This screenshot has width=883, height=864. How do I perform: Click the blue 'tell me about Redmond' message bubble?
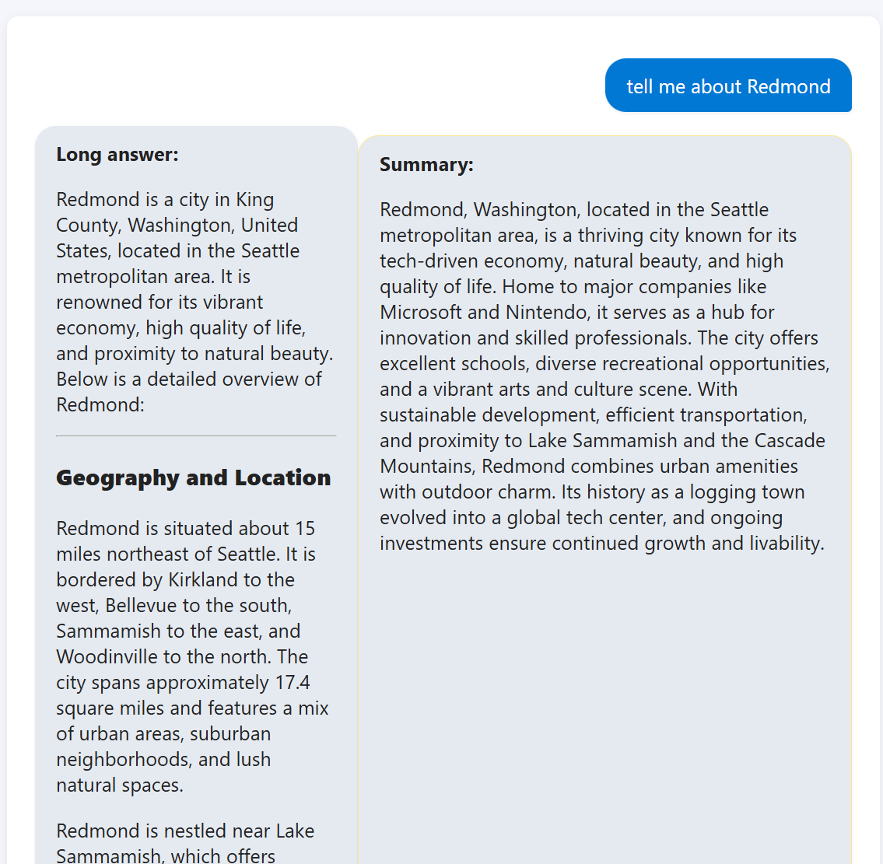[x=728, y=86]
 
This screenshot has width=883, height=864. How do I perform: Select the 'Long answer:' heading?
[x=117, y=155]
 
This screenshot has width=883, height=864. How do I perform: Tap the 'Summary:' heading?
[x=426, y=165]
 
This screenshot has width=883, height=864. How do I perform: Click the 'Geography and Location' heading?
[x=194, y=477]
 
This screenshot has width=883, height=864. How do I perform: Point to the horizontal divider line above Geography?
[x=196, y=436]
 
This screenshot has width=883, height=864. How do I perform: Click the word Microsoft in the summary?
[x=421, y=313]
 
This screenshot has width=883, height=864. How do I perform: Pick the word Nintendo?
[x=548, y=313]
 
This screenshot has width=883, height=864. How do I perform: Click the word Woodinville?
[x=104, y=657]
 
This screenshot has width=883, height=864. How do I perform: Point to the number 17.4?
[x=293, y=683]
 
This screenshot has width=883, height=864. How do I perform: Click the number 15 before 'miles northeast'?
[x=305, y=529]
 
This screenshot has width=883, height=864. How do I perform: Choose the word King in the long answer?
[x=255, y=200]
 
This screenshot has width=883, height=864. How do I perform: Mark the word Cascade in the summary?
[x=790, y=441]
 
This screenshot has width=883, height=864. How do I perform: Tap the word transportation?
[x=748, y=415]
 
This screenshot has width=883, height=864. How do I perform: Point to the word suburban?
[x=230, y=734]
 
